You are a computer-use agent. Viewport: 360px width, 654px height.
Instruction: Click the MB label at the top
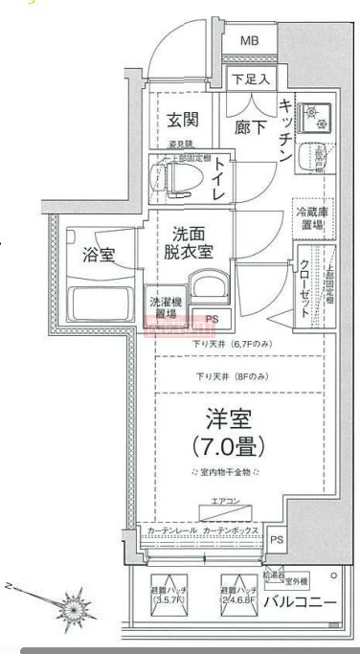[249, 40]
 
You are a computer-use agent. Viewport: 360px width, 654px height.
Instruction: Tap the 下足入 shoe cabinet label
[250, 79]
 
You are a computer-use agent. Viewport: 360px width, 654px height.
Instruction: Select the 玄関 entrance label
[182, 120]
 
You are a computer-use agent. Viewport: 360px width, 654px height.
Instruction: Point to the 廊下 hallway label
[250, 124]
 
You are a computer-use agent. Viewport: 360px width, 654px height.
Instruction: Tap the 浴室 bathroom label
[98, 256]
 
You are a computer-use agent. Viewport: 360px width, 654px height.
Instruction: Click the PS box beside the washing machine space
[212, 319]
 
